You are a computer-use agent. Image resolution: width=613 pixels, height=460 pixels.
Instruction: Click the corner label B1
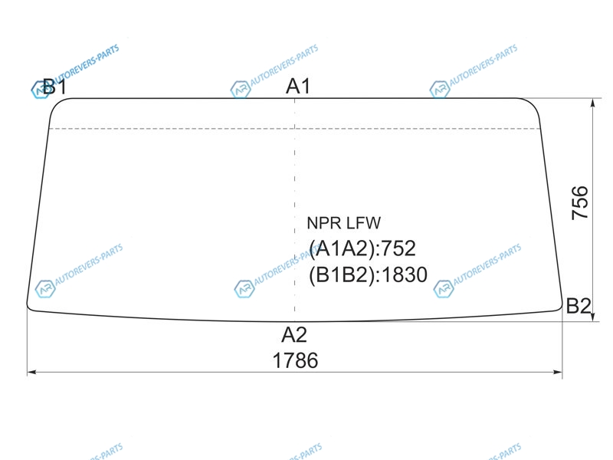click(54, 87)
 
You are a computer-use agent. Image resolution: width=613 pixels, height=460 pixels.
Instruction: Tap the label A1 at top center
click(298, 86)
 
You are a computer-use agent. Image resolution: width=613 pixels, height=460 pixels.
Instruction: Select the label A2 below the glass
click(294, 335)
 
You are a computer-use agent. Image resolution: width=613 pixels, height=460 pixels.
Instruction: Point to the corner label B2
click(579, 305)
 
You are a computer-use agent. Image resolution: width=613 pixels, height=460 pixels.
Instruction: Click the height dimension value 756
click(580, 202)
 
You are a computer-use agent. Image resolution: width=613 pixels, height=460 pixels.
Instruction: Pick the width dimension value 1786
click(295, 360)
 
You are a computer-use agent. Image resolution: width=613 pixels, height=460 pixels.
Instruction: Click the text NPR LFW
click(343, 223)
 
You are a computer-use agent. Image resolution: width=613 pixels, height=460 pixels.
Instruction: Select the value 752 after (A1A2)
click(398, 248)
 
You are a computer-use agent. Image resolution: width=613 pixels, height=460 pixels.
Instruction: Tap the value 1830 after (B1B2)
click(405, 274)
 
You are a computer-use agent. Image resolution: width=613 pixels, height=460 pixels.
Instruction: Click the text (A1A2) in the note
click(342, 248)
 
